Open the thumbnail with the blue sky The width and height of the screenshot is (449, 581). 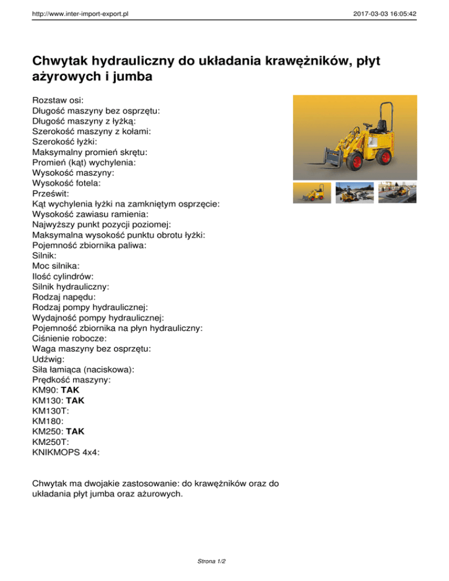click(x=354, y=192)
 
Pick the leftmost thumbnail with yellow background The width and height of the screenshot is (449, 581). click(x=312, y=192)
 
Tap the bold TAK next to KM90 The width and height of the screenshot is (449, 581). click(x=70, y=390)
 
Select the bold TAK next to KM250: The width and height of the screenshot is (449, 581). click(x=75, y=431)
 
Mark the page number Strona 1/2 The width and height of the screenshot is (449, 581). click(x=212, y=561)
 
